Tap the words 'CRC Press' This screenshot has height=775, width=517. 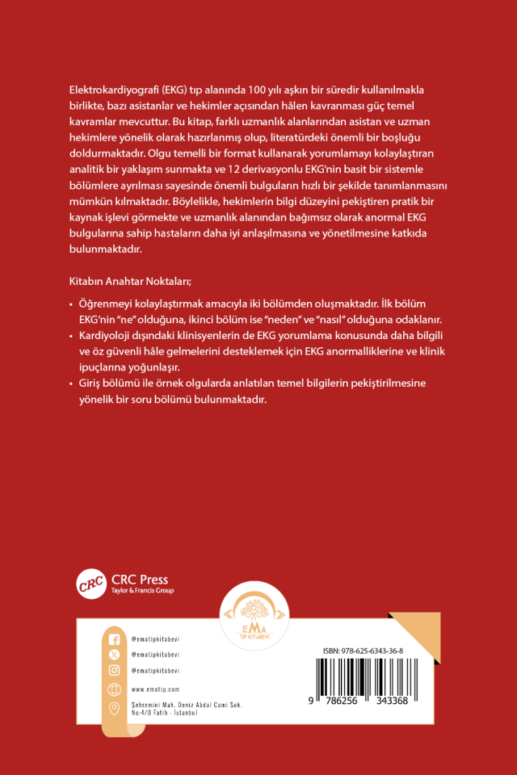[x=140, y=579]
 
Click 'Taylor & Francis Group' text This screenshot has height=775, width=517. [x=141, y=591]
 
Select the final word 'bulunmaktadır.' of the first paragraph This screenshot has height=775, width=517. [x=107, y=250]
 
